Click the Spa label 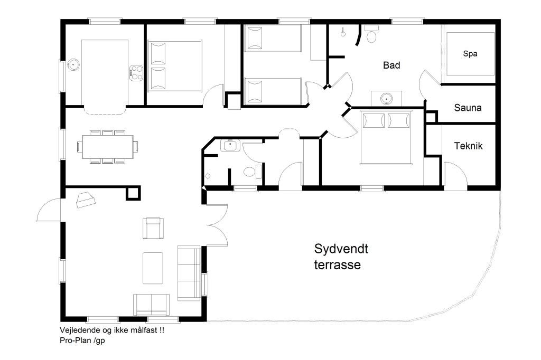[x=470, y=54]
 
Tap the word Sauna [x=468, y=108]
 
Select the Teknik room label [x=468, y=146]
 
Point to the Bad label [x=391, y=65]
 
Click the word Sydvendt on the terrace [x=341, y=249]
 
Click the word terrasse [x=338, y=265]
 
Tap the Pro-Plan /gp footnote [x=82, y=340]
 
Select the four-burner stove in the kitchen [x=136, y=73]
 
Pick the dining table [x=108, y=147]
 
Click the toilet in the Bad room [x=371, y=34]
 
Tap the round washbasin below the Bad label [x=386, y=99]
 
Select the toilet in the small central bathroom [x=252, y=172]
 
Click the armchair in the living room [x=153, y=228]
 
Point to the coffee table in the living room [x=153, y=268]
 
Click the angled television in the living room [x=85, y=200]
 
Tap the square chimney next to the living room [x=133, y=193]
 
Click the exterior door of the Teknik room [x=455, y=175]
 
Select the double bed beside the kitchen [x=175, y=66]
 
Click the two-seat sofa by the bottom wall [x=152, y=305]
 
